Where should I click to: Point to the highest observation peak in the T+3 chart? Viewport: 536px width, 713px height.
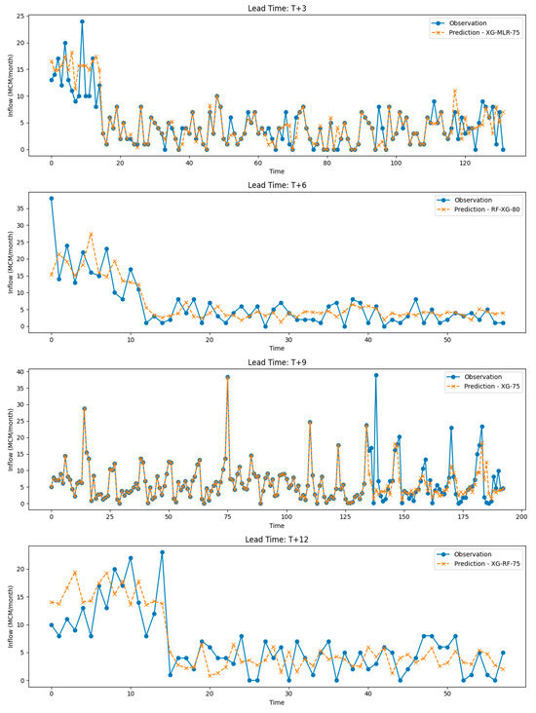coord(82,21)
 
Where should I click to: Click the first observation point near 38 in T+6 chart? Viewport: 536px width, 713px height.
coord(52,199)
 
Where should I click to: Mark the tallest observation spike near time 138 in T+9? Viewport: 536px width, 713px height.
coord(376,375)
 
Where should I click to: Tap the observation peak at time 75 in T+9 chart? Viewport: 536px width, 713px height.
coord(227,377)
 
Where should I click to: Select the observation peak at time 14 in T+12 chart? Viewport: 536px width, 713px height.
coord(162,552)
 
